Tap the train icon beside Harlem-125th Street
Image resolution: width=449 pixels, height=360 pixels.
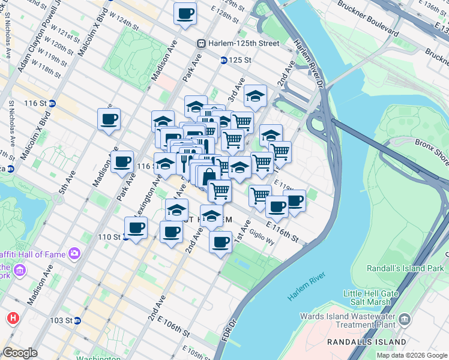point(202,43)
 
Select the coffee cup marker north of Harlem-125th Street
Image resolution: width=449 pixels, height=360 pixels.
point(185,13)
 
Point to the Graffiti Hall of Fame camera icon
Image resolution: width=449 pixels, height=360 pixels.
point(74,254)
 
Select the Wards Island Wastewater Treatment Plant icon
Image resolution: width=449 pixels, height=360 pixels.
point(405,317)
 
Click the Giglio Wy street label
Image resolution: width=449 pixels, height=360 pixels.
point(262,238)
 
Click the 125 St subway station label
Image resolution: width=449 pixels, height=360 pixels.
point(239,60)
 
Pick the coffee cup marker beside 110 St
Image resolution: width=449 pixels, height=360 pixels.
point(136,228)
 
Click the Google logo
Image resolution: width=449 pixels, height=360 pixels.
point(20,353)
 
